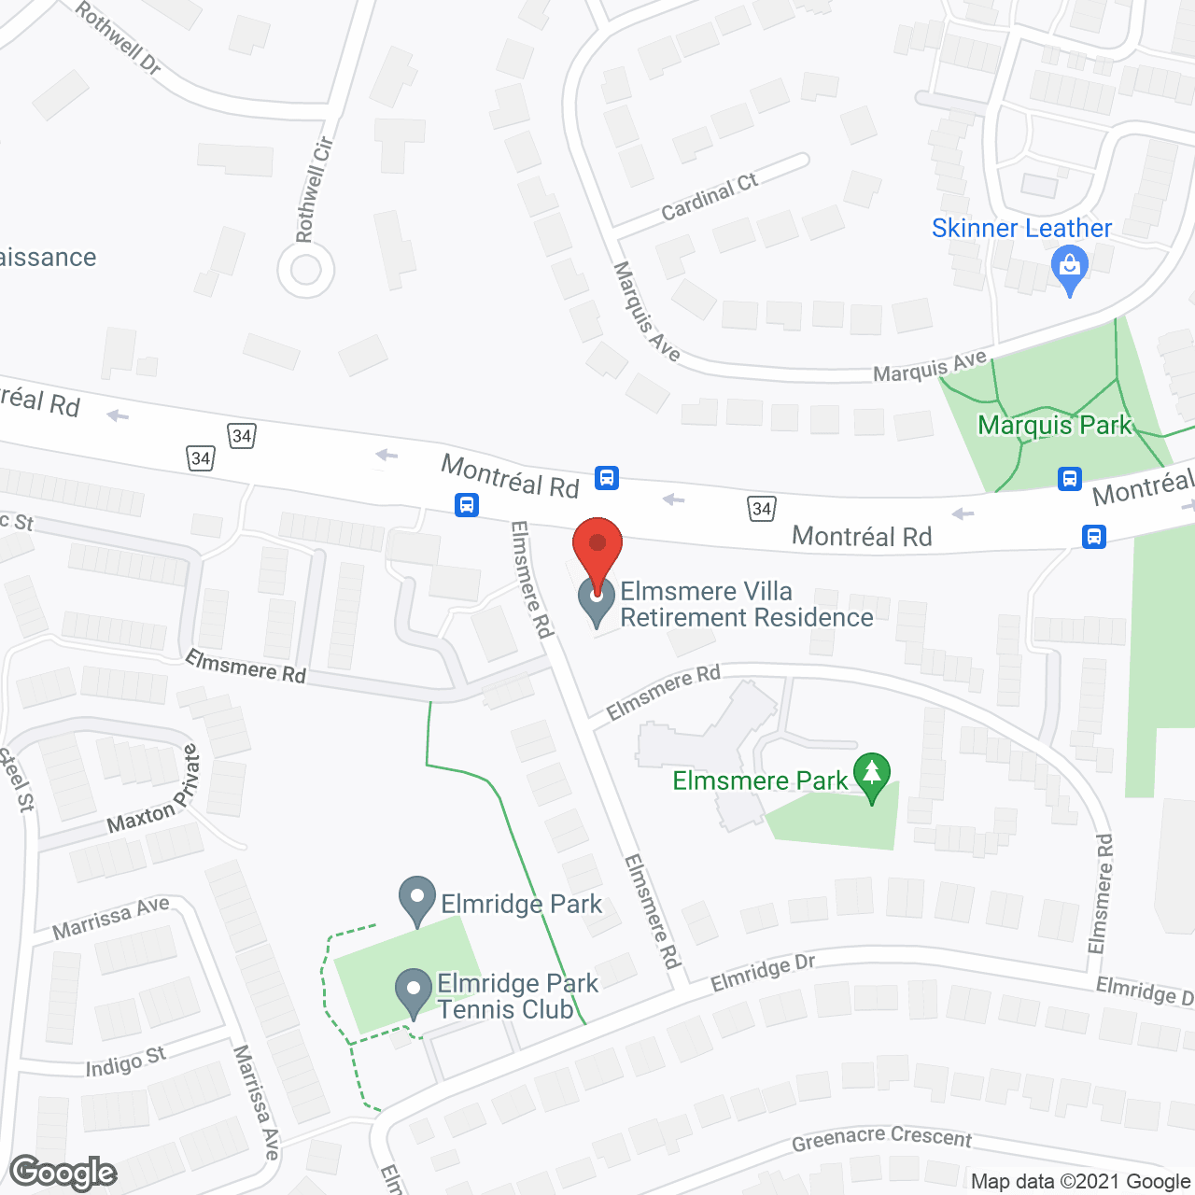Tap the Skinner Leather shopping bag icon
click(1070, 269)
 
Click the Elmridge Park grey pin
click(417, 900)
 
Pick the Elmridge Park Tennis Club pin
click(413, 993)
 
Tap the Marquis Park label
click(1054, 426)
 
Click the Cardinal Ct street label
click(710, 197)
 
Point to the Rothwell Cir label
click(314, 190)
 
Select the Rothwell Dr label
click(119, 37)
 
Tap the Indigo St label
click(125, 1062)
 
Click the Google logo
click(63, 1173)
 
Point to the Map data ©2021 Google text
click(1081, 1182)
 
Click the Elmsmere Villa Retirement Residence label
click(747, 604)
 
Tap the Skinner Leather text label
click(1021, 228)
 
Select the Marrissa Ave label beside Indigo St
click(257, 1103)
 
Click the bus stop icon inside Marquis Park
click(1070, 479)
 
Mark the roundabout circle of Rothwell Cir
click(305, 271)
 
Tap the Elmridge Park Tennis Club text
click(518, 996)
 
